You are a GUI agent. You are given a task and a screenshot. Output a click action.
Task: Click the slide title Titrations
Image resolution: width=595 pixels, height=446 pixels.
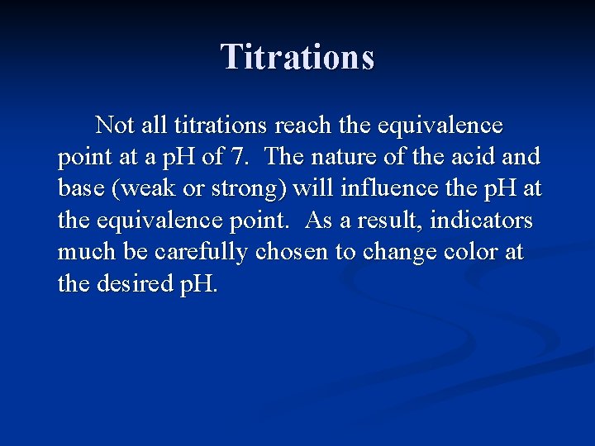pos(297,57)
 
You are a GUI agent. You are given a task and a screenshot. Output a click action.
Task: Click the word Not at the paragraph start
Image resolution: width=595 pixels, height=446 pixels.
pos(114,125)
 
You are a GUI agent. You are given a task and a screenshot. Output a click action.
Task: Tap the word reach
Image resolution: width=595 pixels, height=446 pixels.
pos(302,125)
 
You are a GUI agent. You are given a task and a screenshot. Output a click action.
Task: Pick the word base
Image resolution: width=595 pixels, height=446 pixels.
pos(79,189)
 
